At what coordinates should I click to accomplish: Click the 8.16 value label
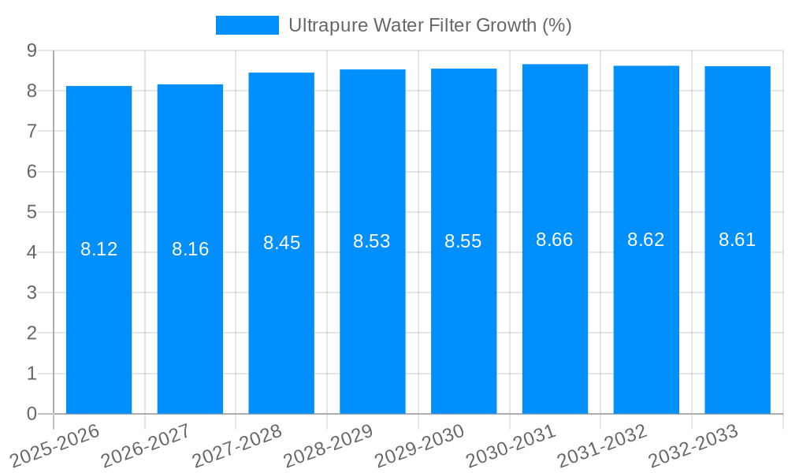(x=190, y=249)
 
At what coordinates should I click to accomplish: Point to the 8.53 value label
(x=372, y=241)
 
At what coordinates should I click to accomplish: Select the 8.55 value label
(x=463, y=241)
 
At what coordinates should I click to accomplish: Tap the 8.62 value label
(x=645, y=240)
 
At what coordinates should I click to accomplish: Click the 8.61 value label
(x=737, y=240)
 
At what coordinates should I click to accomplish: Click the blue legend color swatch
(x=247, y=25)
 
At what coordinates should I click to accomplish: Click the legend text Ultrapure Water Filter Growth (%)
(x=429, y=25)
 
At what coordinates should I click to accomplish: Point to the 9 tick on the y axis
(x=32, y=50)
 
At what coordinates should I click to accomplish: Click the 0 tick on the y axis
(x=32, y=414)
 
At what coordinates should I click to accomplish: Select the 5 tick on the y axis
(x=32, y=212)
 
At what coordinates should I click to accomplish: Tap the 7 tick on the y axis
(x=32, y=131)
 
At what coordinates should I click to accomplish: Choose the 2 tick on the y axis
(x=32, y=333)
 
